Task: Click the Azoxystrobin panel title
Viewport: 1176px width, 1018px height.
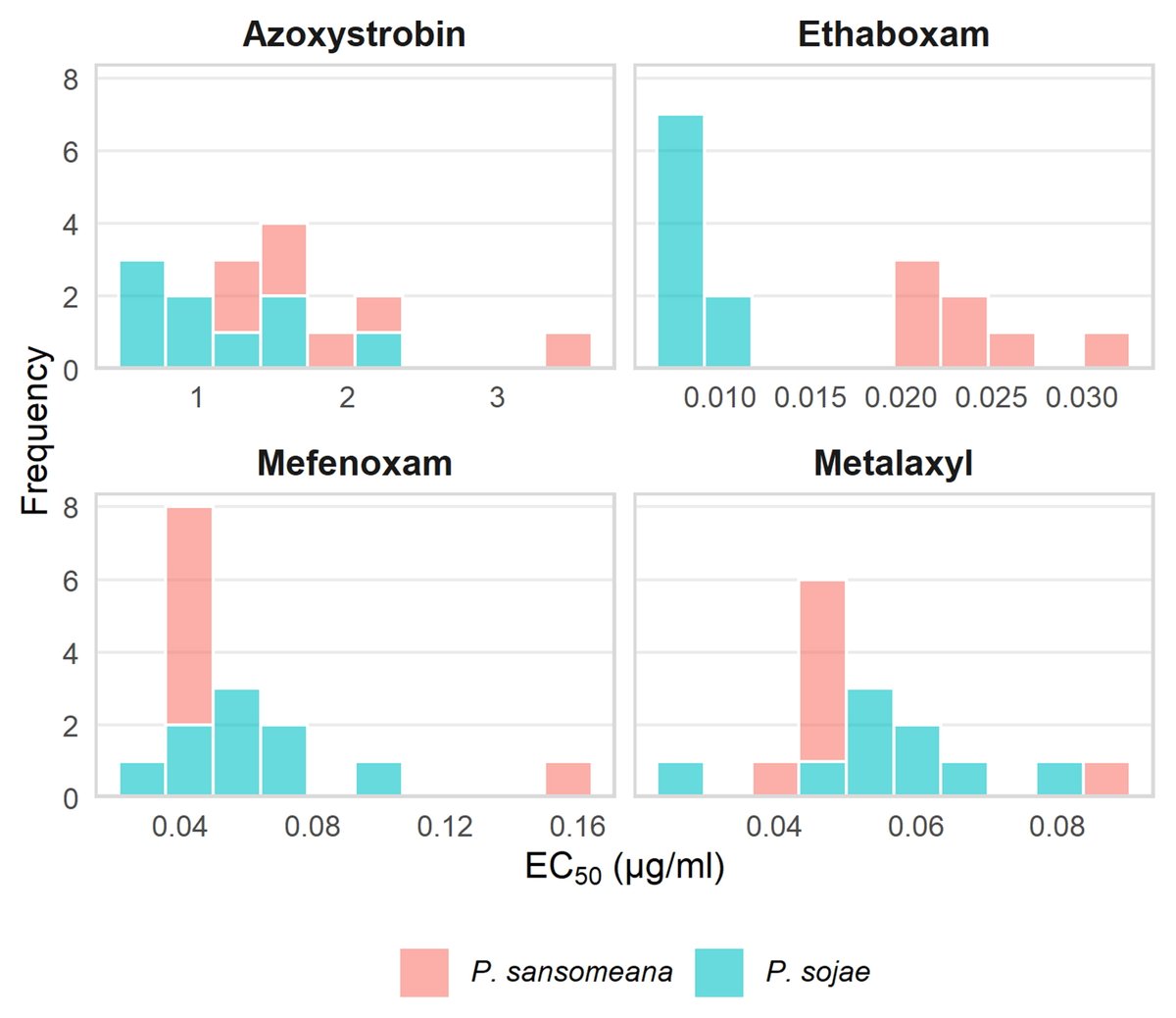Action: point(354,34)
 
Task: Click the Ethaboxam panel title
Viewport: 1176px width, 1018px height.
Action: point(893,34)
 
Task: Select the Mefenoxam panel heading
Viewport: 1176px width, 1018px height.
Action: point(354,463)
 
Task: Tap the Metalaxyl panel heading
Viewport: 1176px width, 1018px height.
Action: point(893,463)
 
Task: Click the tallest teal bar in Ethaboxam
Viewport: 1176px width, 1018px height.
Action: point(680,241)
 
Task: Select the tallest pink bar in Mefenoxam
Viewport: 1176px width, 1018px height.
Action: point(189,616)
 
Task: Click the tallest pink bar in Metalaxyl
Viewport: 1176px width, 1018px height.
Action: point(822,671)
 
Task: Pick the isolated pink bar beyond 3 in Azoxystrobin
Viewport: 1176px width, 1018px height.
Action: point(568,351)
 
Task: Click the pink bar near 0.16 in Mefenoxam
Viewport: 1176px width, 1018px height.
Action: point(568,780)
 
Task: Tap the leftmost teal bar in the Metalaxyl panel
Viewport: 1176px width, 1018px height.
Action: point(680,780)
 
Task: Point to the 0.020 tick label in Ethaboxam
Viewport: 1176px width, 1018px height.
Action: point(901,397)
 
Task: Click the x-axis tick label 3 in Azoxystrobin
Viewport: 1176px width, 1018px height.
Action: point(497,397)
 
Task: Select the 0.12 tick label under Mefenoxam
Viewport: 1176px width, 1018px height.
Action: point(444,826)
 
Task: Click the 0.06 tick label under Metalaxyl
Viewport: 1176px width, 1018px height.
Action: point(915,826)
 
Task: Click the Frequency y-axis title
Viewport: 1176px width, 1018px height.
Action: point(35,432)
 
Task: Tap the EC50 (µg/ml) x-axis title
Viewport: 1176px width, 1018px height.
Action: point(624,868)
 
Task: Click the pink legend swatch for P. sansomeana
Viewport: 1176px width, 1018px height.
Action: point(424,972)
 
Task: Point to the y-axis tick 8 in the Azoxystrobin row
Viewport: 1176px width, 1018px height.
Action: point(71,79)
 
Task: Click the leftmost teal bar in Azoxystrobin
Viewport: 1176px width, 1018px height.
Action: point(142,315)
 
